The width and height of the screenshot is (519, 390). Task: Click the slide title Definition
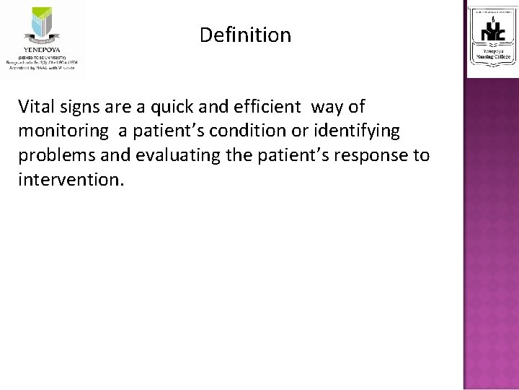click(x=245, y=35)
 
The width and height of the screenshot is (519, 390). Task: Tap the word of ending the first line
click(x=357, y=107)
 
